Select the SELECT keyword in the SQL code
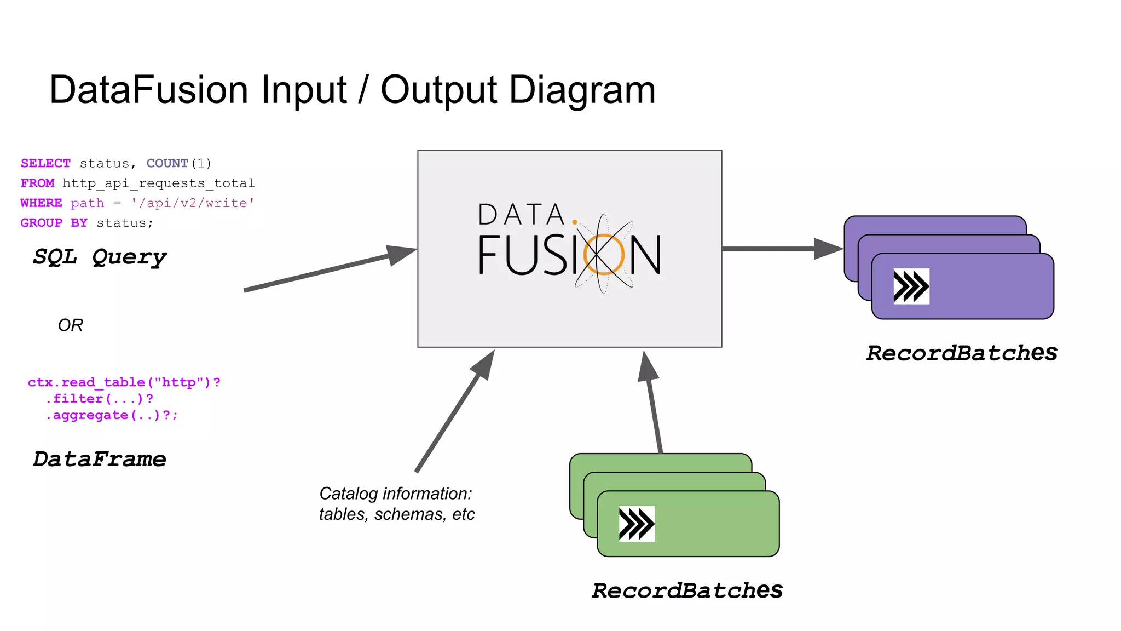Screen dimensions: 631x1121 45,163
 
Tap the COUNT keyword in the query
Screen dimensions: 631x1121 167,163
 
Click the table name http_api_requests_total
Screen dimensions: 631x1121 158,183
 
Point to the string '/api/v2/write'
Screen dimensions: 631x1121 193,203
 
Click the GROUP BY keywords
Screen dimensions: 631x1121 54,223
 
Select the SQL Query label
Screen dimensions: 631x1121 100,257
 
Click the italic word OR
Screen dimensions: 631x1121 70,325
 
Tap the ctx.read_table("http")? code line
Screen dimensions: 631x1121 124,382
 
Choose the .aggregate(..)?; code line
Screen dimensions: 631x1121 112,415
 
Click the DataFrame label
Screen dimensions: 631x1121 99,459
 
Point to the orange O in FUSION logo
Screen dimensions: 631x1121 603,254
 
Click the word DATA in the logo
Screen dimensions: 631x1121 521,215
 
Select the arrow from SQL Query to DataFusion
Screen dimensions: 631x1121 328,269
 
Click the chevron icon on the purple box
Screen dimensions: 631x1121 911,286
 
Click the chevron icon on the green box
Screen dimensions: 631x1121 637,524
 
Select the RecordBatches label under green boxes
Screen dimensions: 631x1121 687,590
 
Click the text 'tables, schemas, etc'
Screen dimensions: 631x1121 397,514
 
